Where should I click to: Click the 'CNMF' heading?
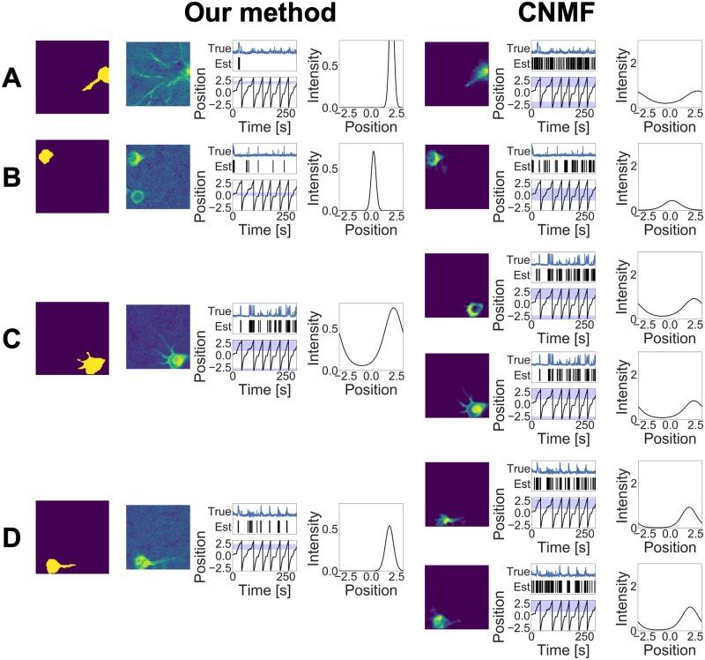(547, 14)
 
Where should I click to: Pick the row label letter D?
(12, 538)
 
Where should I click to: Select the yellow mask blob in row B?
(46, 157)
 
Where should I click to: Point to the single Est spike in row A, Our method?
(238, 64)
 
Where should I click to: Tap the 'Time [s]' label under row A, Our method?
(263, 124)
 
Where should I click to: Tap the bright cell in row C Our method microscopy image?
(177, 359)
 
